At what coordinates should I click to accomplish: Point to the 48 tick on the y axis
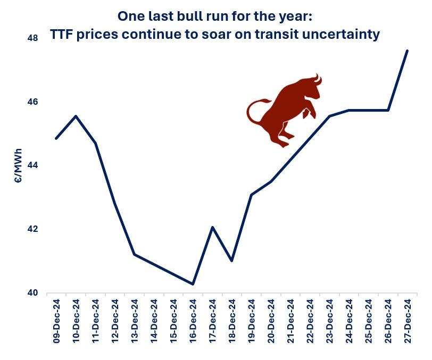(31, 38)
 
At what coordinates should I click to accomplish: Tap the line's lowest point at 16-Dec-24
(193, 284)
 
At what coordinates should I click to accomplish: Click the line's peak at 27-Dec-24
(408, 51)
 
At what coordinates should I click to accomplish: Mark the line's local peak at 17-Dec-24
(213, 227)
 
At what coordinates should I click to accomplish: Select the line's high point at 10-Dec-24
(76, 116)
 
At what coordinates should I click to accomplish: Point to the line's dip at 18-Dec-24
(232, 261)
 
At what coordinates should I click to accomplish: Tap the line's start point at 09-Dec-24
(56, 138)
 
